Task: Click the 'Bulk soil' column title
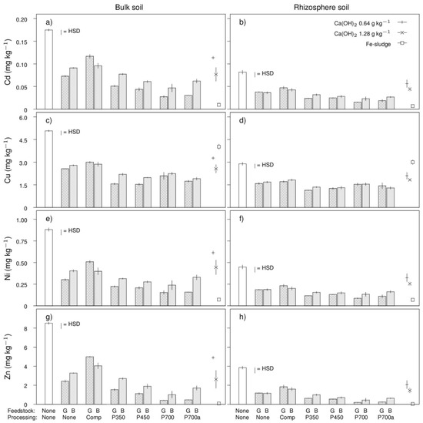coord(129,7)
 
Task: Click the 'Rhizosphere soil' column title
coord(321,7)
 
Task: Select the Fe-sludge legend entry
coord(386,43)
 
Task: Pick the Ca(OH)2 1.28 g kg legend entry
coord(370,33)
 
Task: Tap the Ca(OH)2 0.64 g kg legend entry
coord(370,23)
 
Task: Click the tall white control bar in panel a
coord(48,69)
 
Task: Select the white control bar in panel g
coord(48,364)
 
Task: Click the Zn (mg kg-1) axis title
coord(8,357)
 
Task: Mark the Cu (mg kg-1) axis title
coord(8,160)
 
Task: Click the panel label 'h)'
coord(242,317)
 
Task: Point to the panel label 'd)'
coord(242,120)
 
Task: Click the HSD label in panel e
coord(74,230)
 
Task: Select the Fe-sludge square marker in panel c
coord(218,146)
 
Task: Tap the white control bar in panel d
coord(242,186)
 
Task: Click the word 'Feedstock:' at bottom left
coord(22,411)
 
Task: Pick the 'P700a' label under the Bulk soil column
coord(192,418)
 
